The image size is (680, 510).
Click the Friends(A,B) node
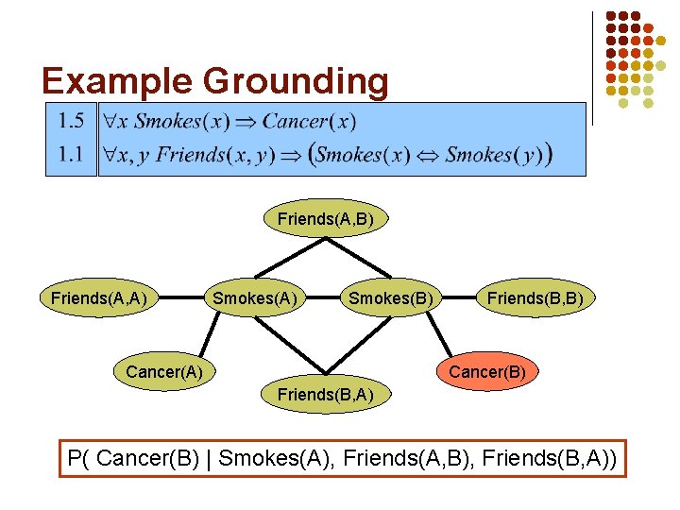coord(325,219)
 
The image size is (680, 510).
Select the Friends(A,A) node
coord(98,298)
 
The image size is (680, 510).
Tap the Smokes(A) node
coord(254,298)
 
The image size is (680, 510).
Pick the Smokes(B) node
coord(391,298)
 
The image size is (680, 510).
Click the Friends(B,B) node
coord(535,298)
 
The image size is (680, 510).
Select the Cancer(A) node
coord(164,371)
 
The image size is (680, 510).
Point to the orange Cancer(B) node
coord(487,371)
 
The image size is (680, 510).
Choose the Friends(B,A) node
coord(325,393)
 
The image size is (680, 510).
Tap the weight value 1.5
coord(71,121)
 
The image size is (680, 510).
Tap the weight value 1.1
coord(71,154)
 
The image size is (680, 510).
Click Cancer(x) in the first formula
coord(309,121)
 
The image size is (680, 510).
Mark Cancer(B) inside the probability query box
coord(153,459)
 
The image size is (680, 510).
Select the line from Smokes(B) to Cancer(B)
coord(438,337)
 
